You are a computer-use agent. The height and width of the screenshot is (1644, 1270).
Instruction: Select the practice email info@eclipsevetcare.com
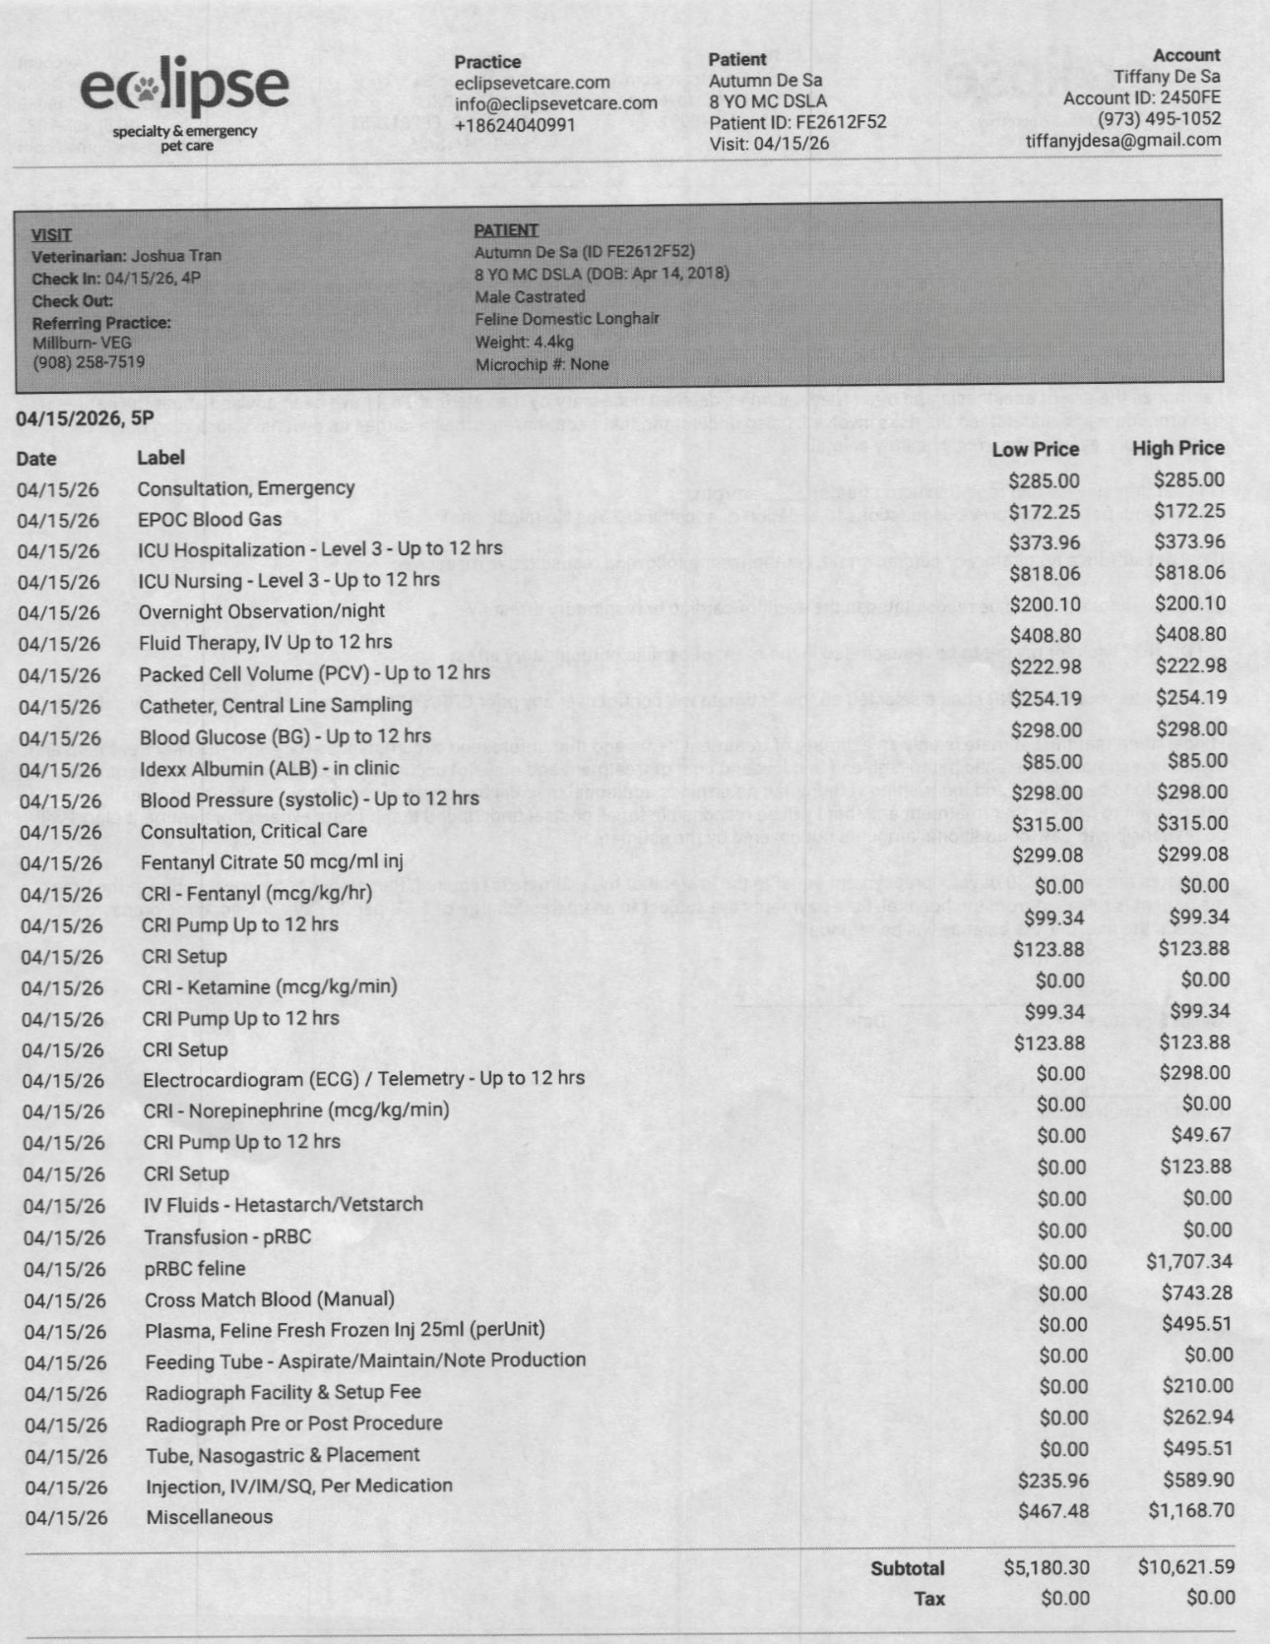tap(555, 103)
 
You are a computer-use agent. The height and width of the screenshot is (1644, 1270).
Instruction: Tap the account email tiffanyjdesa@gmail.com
tap(1122, 140)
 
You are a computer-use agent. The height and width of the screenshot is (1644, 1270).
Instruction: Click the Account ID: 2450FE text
tap(1141, 97)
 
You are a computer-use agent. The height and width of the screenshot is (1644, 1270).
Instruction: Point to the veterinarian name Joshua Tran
tap(176, 256)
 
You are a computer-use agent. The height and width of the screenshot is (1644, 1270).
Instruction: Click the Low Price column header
tap(1035, 450)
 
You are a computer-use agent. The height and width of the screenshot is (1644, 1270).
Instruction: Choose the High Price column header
tap(1177, 449)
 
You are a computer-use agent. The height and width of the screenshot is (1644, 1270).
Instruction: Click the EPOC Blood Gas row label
tap(210, 519)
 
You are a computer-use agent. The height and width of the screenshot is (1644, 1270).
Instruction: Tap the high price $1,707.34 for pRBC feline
tap(1189, 1261)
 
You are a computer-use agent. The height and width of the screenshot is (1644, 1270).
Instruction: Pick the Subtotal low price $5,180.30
tap(1047, 1567)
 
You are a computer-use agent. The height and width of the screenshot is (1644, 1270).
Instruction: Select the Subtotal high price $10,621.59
tap(1185, 1566)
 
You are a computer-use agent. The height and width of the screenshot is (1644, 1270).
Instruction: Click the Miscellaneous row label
tap(209, 1517)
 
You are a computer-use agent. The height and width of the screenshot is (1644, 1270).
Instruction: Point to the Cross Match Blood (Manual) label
tap(269, 1299)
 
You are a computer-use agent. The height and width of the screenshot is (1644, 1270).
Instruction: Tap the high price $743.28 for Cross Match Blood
tap(1197, 1293)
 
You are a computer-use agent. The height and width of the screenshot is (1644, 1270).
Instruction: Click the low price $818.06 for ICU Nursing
tap(1045, 573)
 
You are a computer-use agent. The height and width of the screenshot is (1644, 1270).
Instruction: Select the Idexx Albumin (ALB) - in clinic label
tap(269, 768)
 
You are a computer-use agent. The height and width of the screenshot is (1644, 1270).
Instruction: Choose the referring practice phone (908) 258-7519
tap(89, 362)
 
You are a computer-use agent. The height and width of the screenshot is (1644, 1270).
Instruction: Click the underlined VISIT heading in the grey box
tap(51, 234)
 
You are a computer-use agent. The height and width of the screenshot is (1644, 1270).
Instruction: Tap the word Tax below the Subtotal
tap(928, 1599)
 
